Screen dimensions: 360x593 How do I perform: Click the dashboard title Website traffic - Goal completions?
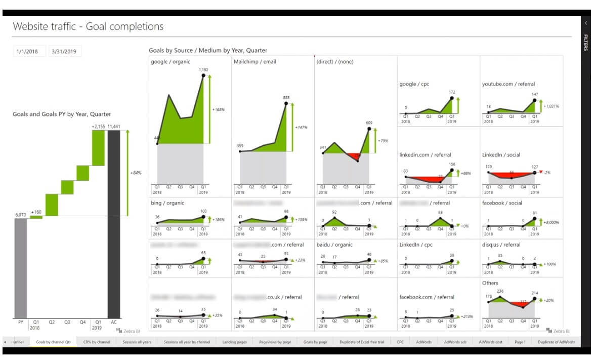(88, 26)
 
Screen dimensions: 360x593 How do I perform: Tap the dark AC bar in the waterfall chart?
(114, 223)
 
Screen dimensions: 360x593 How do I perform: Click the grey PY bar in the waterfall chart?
(21, 268)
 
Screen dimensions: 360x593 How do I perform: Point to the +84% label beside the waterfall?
(136, 173)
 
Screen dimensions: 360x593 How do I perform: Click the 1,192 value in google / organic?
(203, 70)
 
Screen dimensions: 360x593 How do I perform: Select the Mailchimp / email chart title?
(255, 62)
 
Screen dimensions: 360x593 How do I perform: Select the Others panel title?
(490, 283)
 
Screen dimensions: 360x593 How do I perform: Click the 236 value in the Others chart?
(500, 291)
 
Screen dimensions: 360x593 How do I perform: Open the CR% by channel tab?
(97, 342)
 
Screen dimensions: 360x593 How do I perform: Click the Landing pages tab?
(234, 342)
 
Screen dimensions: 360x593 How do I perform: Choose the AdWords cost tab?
(490, 342)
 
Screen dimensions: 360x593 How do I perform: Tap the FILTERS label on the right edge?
(585, 43)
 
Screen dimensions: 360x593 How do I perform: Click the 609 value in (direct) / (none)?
(369, 123)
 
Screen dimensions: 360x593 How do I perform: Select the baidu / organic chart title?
(334, 245)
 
